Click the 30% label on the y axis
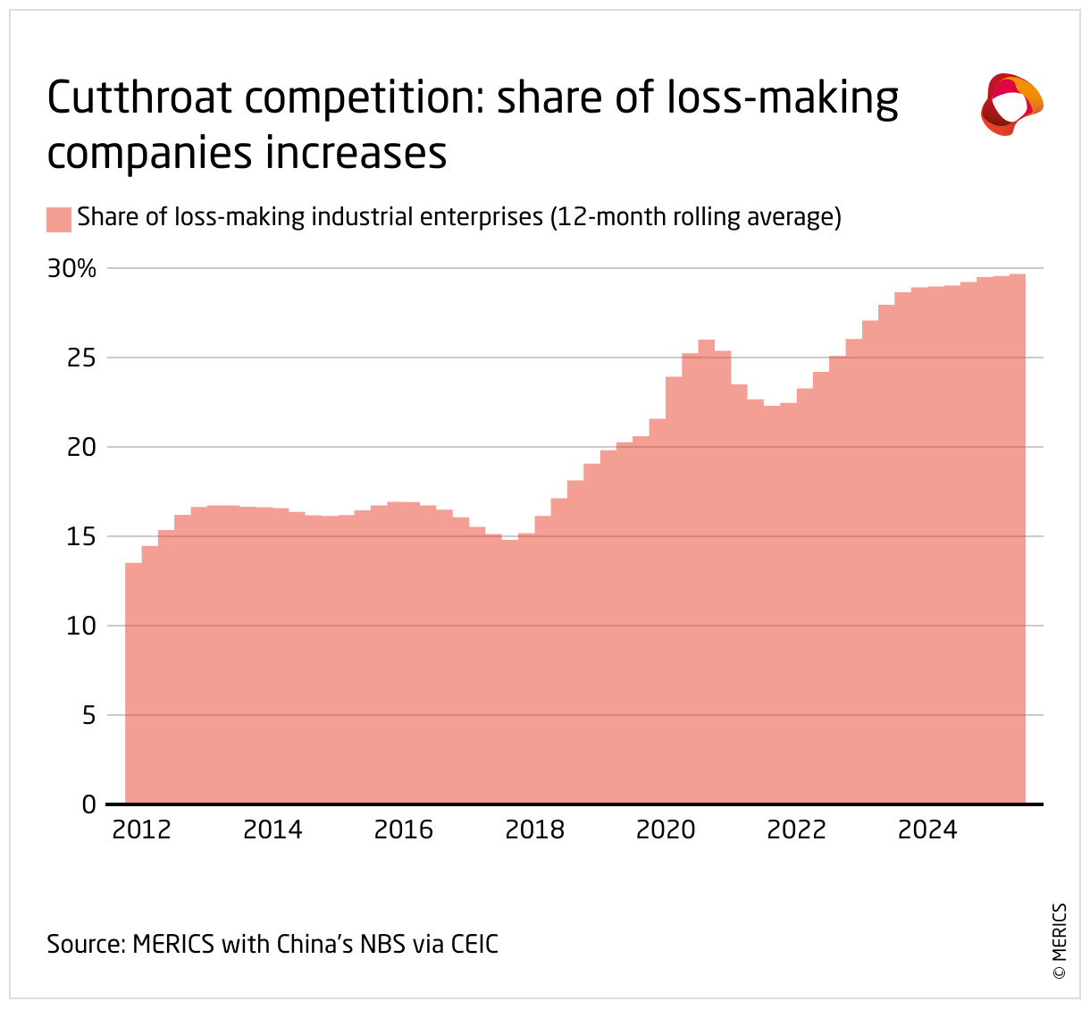point(71,268)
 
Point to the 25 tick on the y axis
point(80,358)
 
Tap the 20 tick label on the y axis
point(80,447)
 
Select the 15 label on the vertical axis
point(80,536)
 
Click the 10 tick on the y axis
point(80,626)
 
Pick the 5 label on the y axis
point(88,715)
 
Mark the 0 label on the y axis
point(88,804)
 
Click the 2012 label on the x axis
point(141,830)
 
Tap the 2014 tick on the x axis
point(272,830)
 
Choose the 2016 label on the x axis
point(403,830)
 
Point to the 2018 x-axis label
point(534,830)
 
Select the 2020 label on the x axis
point(665,830)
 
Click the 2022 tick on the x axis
point(796,830)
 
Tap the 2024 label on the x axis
point(926,830)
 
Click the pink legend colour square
point(59,219)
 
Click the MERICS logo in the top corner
point(1011,105)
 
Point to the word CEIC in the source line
point(474,944)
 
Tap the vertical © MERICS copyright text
point(1060,943)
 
